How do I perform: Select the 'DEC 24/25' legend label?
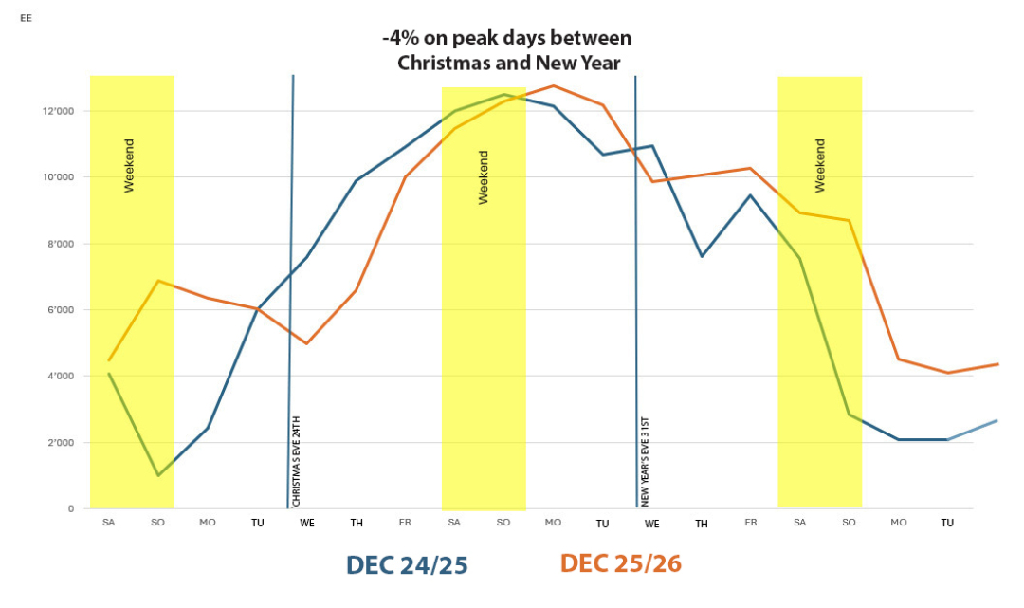pyautogui.click(x=407, y=564)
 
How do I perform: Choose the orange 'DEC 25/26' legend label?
pyautogui.click(x=621, y=563)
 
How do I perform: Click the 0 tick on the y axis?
pyautogui.click(x=71, y=509)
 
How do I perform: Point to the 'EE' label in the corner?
pyautogui.click(x=26, y=17)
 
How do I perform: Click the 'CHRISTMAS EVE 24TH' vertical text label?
pyautogui.click(x=296, y=460)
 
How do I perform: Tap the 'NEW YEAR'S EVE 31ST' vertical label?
pyautogui.click(x=645, y=460)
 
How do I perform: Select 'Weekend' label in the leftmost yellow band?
pyautogui.click(x=130, y=166)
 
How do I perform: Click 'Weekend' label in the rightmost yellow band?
pyautogui.click(x=820, y=166)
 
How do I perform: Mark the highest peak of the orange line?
pyautogui.click(x=554, y=86)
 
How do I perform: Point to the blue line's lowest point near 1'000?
pyautogui.click(x=158, y=475)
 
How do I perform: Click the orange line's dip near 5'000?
pyautogui.click(x=306, y=343)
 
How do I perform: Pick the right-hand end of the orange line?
pyautogui.click(x=997, y=364)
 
